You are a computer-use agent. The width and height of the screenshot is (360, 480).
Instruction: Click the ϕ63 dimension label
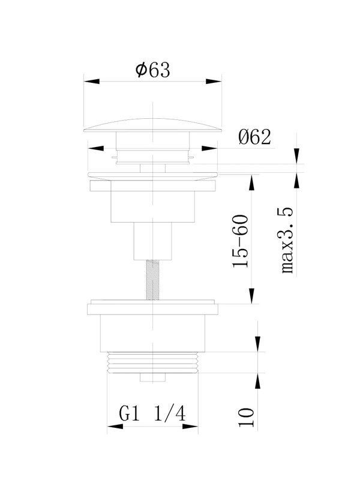(x=153, y=70)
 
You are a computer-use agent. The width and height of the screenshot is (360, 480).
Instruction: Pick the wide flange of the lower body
(x=152, y=309)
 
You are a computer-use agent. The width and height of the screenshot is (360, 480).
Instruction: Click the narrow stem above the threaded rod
(x=152, y=241)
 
